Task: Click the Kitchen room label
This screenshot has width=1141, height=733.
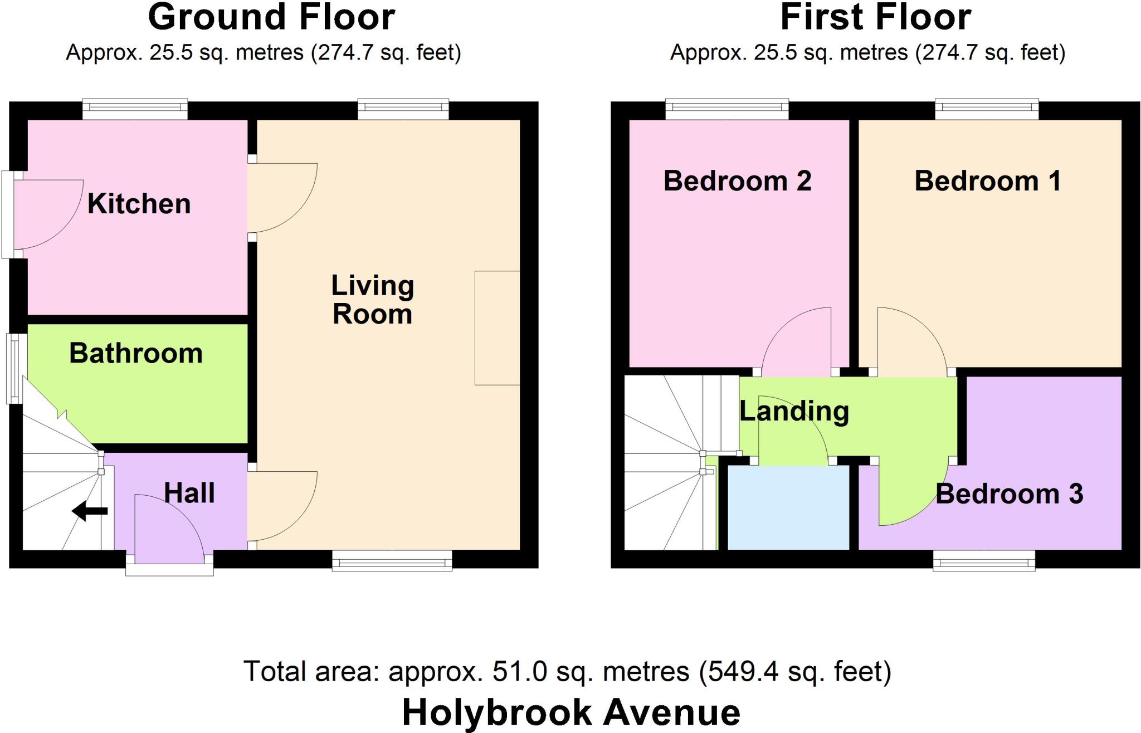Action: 139,204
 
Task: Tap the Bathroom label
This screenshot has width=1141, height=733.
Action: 136,354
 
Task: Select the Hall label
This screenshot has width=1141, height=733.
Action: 189,493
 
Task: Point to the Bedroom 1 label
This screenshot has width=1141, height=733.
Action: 988,182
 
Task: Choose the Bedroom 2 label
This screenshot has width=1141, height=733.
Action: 737,182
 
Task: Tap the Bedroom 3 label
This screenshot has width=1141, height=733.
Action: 1010,494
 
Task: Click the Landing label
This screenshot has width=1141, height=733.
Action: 794,412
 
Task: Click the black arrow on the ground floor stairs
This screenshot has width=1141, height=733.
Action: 90,511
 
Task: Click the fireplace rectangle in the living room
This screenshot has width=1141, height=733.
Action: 497,328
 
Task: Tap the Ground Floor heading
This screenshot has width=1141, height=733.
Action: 271,18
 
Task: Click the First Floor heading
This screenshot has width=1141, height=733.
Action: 876,18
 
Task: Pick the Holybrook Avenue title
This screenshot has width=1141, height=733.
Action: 571,712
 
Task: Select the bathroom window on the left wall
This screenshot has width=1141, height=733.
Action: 16,368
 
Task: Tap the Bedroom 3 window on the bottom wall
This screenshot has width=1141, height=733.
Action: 984,560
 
